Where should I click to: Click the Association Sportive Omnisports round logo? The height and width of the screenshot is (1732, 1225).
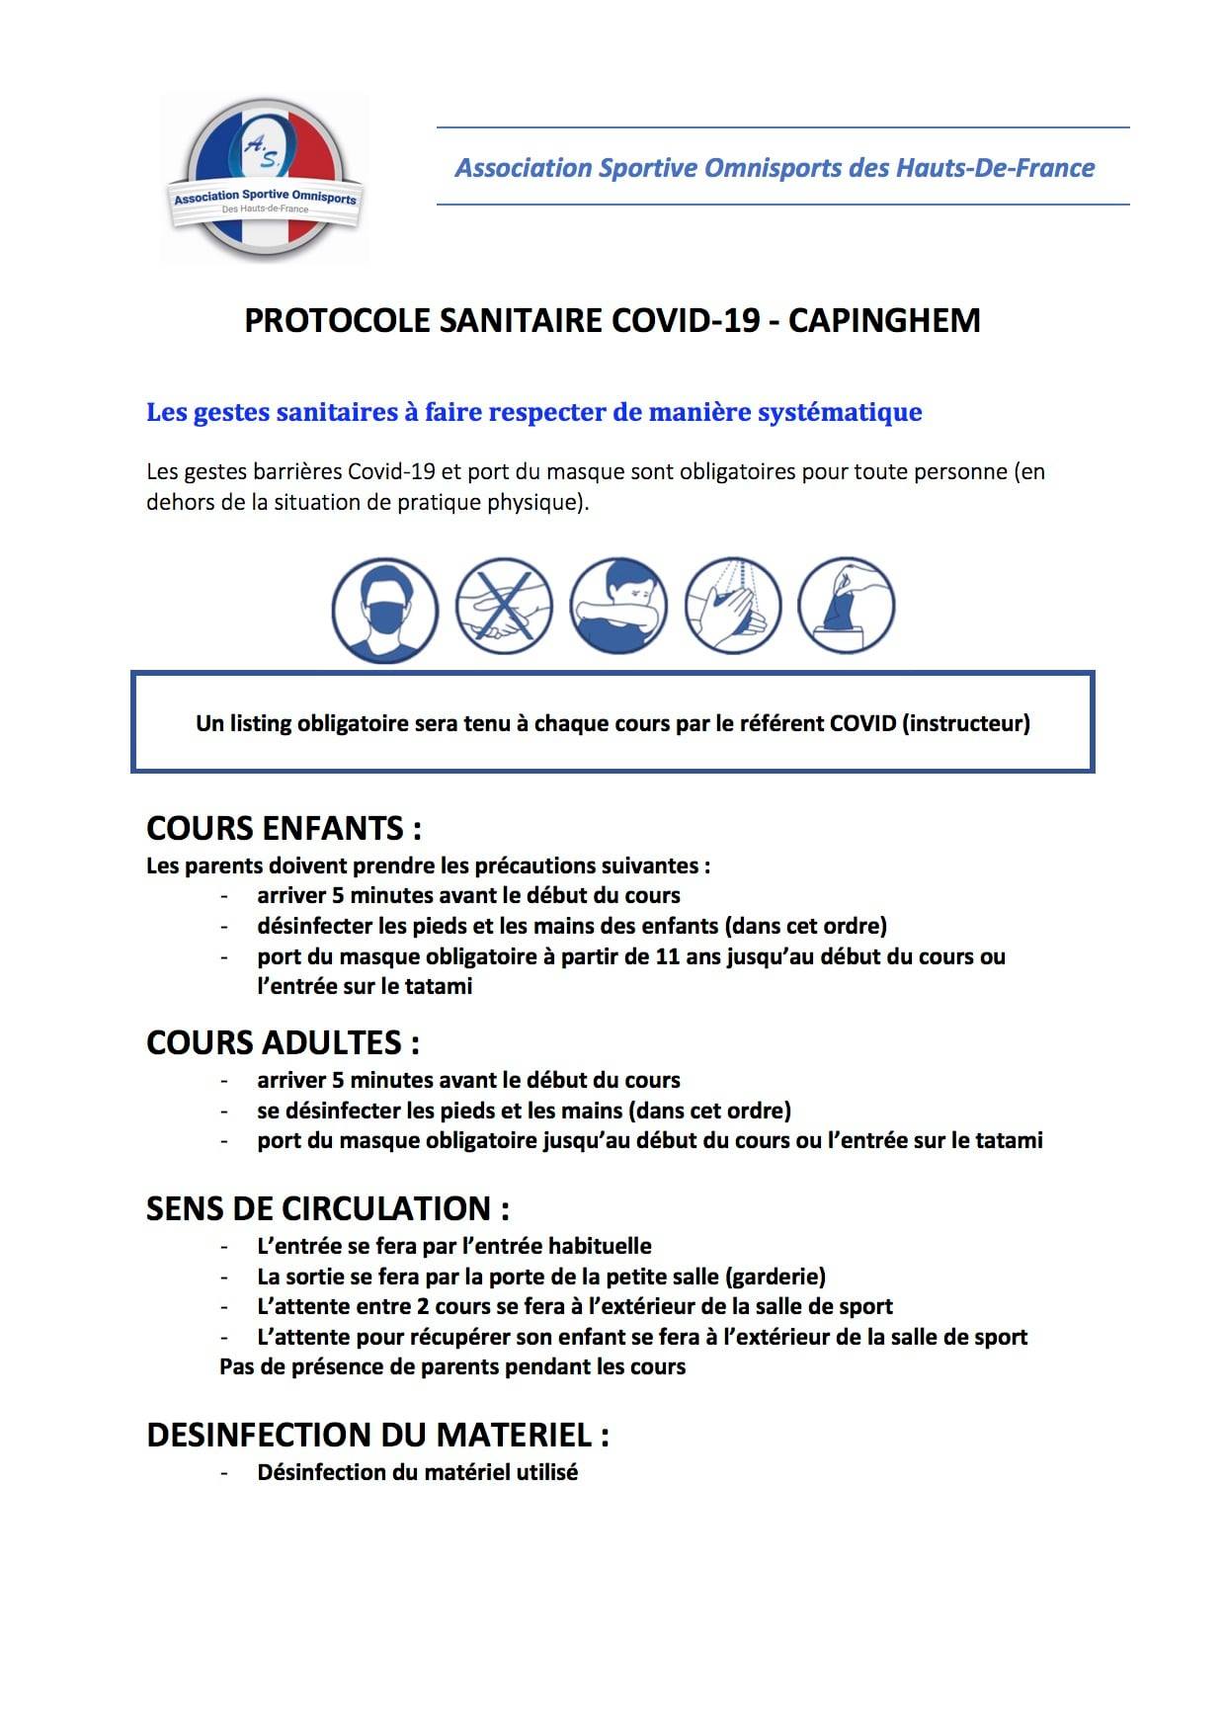pyautogui.click(x=265, y=179)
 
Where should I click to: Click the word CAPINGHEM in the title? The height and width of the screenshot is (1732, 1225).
pyautogui.click(x=884, y=321)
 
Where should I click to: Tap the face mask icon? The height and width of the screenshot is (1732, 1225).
pyautogui.click(x=384, y=608)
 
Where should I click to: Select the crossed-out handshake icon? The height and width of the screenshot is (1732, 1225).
pyautogui.click(x=504, y=607)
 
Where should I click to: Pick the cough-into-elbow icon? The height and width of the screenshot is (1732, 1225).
pyautogui.click(x=618, y=607)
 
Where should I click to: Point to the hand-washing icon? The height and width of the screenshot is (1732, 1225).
pyautogui.click(x=733, y=607)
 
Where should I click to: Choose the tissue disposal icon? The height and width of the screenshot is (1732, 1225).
pyautogui.click(x=847, y=607)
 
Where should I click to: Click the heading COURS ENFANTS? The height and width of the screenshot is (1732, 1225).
pyautogui.click(x=284, y=828)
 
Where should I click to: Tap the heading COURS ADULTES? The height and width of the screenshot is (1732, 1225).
pyautogui.click(x=283, y=1042)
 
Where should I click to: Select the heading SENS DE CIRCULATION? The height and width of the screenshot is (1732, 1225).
pyautogui.click(x=328, y=1208)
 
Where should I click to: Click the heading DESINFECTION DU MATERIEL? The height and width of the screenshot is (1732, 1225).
pyautogui.click(x=377, y=1435)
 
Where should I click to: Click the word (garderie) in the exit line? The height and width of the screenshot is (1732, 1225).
pyautogui.click(x=776, y=1276)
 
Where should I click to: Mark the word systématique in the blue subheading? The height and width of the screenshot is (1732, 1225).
pyautogui.click(x=840, y=412)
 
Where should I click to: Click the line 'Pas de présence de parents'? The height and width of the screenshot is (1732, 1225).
pyautogui.click(x=452, y=1366)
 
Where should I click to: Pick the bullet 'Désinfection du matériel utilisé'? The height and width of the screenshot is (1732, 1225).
pyautogui.click(x=417, y=1472)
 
